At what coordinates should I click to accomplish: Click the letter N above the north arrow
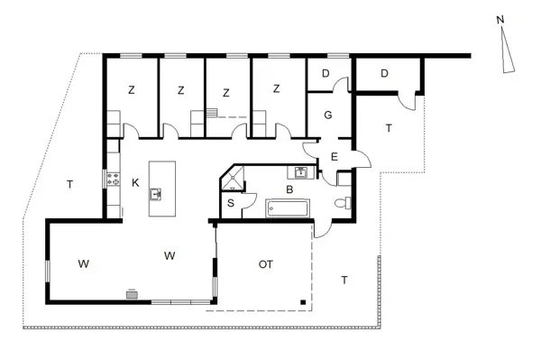coord(499,18)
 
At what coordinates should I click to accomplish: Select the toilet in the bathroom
coord(340,204)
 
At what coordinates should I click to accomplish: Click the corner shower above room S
coord(232,179)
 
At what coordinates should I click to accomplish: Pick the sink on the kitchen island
coord(156,193)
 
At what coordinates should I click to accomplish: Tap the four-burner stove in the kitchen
coord(115,180)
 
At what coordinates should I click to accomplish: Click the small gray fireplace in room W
coord(133,293)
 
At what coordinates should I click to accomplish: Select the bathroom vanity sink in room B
coord(299,172)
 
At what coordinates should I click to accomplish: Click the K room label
coord(135,182)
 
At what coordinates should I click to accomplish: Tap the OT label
coord(265,264)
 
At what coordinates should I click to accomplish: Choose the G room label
coord(328,115)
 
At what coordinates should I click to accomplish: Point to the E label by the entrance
coord(334,158)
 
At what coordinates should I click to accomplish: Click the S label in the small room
coord(231,204)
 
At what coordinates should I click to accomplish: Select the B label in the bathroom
coord(289,190)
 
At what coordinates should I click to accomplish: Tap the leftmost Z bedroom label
coord(131,89)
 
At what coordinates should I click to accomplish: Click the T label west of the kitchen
coord(69,185)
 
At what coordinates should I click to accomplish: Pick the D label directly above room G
coord(326,73)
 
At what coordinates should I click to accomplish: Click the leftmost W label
coord(83,264)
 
